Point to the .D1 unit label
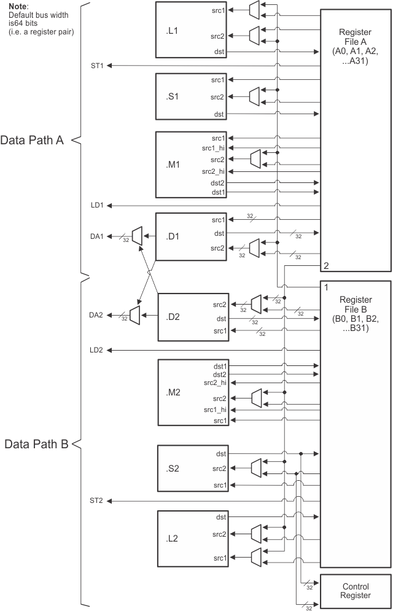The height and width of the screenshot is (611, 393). (171, 234)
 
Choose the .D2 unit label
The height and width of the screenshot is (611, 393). (173, 317)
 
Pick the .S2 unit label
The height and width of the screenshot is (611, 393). (173, 469)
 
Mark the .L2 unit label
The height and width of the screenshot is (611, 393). (173, 539)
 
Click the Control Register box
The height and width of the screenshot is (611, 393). (356, 590)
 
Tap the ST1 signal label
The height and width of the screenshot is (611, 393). (96, 66)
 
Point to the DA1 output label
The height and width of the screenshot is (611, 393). (96, 234)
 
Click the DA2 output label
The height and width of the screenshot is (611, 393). (96, 314)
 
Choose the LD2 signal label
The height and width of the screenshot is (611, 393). (96, 350)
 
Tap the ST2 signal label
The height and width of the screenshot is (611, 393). (96, 501)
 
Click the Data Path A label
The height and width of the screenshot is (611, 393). (32, 140)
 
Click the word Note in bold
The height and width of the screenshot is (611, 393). (18, 6)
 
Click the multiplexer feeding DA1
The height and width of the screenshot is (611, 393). (137, 234)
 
